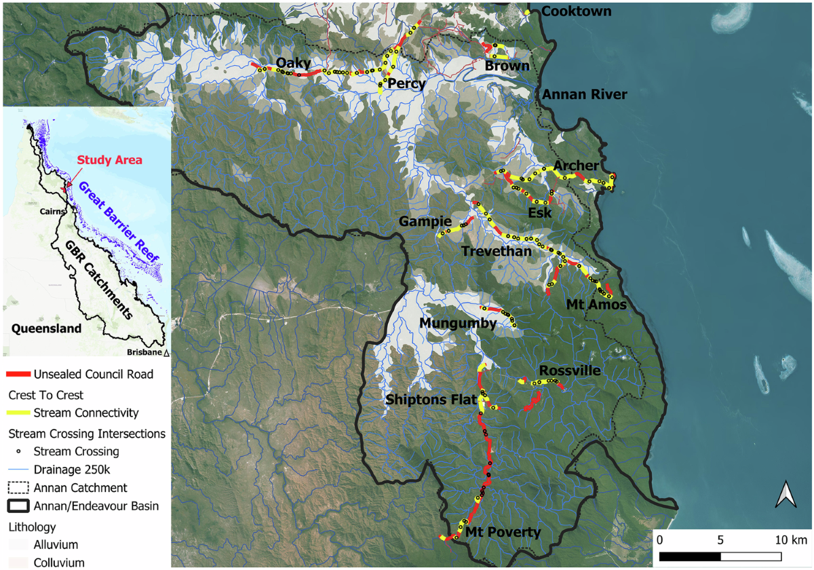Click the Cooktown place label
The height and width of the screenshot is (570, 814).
tap(577, 12)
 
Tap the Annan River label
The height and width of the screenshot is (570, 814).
tap(584, 94)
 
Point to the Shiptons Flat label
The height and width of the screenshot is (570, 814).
tap(429, 400)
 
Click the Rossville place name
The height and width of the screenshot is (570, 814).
tap(569, 371)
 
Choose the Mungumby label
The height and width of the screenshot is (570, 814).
tap(458, 324)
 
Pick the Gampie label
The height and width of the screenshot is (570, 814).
tap(425, 222)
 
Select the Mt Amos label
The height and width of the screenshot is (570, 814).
tap(596, 305)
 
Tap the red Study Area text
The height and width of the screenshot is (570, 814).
tap(109, 160)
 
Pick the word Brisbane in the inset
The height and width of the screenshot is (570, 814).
tap(144, 351)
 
